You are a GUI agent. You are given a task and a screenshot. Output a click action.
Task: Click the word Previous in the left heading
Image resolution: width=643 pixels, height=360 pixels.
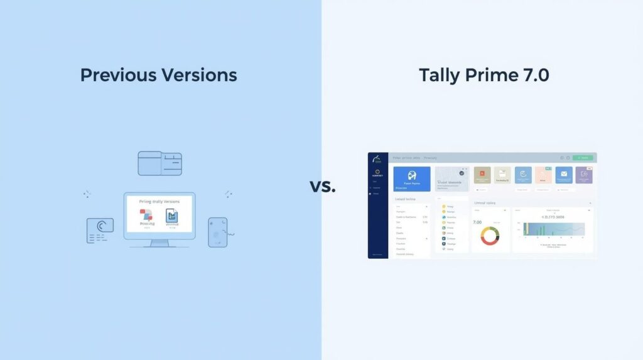pyautogui.click(x=117, y=75)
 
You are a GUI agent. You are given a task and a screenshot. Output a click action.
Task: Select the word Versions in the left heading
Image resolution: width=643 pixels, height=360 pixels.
pyautogui.click(x=199, y=75)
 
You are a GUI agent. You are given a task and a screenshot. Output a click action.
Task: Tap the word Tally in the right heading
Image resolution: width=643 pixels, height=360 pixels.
pyautogui.click(x=438, y=75)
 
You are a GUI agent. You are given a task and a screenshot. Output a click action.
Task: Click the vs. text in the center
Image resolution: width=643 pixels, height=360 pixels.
pyautogui.click(x=322, y=187)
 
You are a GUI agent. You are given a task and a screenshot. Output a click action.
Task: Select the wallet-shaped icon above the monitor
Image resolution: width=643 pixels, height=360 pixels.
pyautogui.click(x=159, y=163)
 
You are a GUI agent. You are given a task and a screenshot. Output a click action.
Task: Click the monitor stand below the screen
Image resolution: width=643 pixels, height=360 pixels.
pyautogui.click(x=159, y=243)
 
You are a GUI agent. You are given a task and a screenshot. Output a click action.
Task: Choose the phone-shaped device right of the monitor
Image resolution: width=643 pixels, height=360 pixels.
pyautogui.click(x=217, y=232)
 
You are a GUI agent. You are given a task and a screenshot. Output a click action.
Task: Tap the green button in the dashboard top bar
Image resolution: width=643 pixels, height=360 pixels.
pyautogui.click(x=582, y=158)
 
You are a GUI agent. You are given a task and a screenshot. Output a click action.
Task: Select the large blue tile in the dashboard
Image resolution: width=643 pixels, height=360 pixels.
pyautogui.click(x=411, y=178)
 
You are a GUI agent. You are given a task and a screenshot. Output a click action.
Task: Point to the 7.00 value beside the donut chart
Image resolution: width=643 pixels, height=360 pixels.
pyautogui.click(x=477, y=222)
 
